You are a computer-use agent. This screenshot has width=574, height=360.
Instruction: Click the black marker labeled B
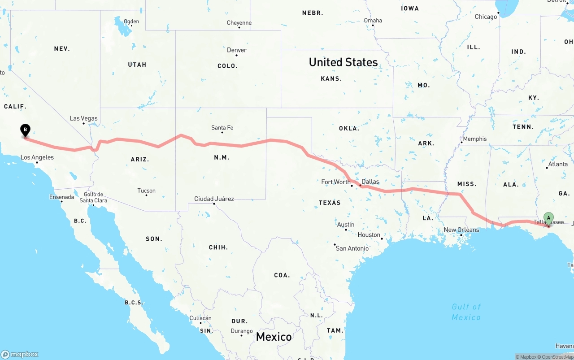pyautogui.click(x=26, y=130)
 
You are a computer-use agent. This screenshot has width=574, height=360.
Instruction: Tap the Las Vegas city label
pyautogui.click(x=83, y=118)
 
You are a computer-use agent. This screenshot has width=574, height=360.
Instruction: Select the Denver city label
pyautogui.click(x=236, y=50)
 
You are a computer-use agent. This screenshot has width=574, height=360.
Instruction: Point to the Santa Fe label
pyautogui.click(x=222, y=128)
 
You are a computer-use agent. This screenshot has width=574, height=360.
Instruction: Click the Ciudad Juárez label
pyautogui.click(x=214, y=199)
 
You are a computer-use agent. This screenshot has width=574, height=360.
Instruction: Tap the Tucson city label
pyautogui.click(x=146, y=191)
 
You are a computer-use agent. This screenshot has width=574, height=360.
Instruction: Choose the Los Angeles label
pyautogui.click(x=37, y=157)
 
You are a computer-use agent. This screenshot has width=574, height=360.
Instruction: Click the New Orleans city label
pyautogui.click(x=461, y=230)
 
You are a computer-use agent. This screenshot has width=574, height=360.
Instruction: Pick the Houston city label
pyautogui.click(x=369, y=235)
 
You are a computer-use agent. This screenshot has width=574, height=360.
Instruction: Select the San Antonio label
pyautogui.click(x=352, y=248)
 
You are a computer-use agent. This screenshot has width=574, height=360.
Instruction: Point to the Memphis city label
pyautogui.click(x=474, y=139)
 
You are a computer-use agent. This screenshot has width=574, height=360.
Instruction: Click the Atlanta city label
pyautogui.click(x=558, y=164)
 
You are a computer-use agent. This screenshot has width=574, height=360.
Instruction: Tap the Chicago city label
pyautogui.click(x=486, y=17)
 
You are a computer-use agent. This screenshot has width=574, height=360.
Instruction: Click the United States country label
pyautogui.click(x=343, y=62)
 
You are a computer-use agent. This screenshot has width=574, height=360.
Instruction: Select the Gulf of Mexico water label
pyautogui.click(x=466, y=312)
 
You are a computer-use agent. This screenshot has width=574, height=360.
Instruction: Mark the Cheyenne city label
pyautogui.click(x=239, y=23)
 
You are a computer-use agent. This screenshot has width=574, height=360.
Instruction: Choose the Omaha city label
pyautogui.click(x=373, y=20)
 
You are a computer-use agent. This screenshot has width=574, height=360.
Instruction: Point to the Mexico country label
pyautogui.click(x=274, y=337)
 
